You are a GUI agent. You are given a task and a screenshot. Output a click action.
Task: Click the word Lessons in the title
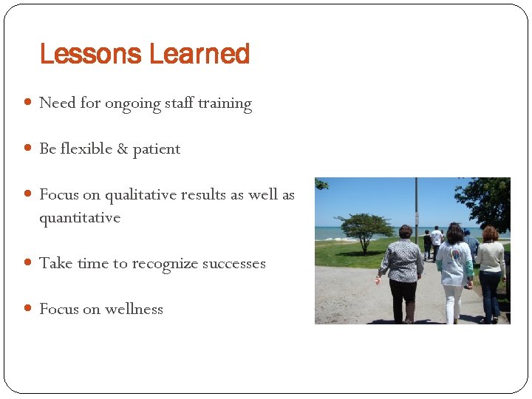click(x=90, y=54)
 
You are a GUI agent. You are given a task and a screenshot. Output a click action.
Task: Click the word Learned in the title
click(x=199, y=54)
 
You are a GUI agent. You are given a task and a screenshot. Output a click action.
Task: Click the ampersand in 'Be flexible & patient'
click(x=120, y=149)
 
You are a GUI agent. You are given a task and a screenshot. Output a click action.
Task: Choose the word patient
click(x=156, y=149)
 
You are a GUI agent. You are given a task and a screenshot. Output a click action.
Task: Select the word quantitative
click(x=79, y=218)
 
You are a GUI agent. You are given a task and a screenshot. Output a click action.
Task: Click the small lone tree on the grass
click(x=364, y=228)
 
